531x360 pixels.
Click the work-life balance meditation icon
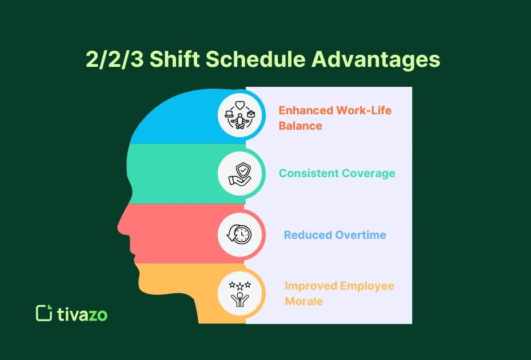[239, 115]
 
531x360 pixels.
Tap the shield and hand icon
[239, 173]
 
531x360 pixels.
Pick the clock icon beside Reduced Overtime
[239, 234]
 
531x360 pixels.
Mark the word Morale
[304, 301]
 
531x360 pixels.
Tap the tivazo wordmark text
[82, 314]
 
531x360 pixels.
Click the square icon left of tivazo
[43, 313]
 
